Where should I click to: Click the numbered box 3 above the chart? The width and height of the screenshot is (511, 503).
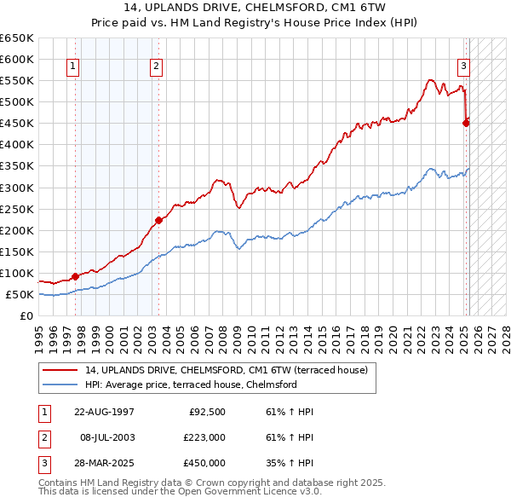[464, 66]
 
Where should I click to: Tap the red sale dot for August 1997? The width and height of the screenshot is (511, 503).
[75, 275]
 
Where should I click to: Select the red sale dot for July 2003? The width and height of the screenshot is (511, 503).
[158, 220]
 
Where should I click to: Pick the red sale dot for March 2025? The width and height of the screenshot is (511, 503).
[466, 123]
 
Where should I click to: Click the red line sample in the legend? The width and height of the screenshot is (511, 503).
[61, 370]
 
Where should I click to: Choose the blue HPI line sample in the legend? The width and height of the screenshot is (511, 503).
[61, 384]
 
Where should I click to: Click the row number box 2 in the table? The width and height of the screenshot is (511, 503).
[43, 437]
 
